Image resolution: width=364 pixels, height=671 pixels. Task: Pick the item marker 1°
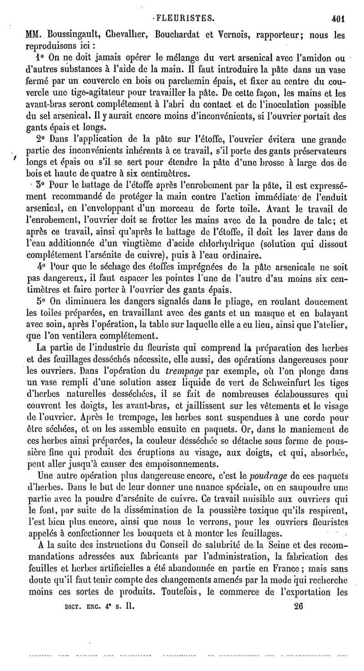pyautogui.click(x=40, y=59)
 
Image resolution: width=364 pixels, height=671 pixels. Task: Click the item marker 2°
pyautogui.click(x=40, y=139)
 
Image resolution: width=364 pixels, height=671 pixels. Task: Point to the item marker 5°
pyautogui.click(x=40, y=300)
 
